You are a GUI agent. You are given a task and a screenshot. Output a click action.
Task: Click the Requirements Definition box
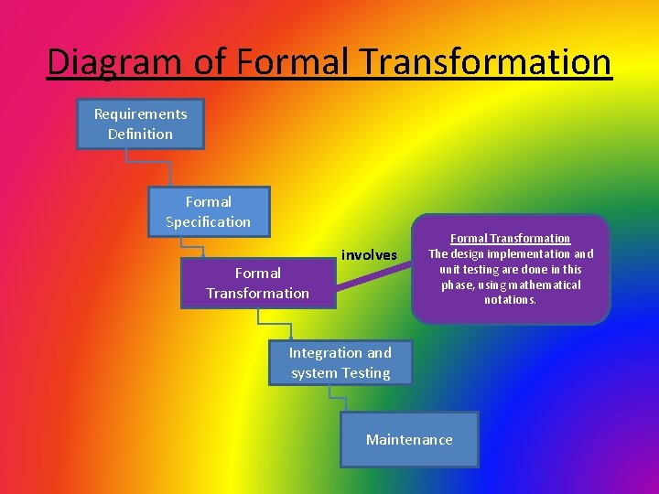pyautogui.click(x=140, y=123)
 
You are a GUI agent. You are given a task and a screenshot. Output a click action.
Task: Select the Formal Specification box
pyautogui.click(x=209, y=211)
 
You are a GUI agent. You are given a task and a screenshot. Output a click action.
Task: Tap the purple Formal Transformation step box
pyautogui.click(x=257, y=283)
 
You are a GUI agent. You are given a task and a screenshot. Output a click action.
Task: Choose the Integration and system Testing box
pyautogui.click(x=340, y=362)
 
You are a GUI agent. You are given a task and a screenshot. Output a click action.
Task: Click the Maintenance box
pyautogui.click(x=409, y=439)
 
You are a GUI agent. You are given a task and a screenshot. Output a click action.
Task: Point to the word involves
pyautogui.click(x=369, y=254)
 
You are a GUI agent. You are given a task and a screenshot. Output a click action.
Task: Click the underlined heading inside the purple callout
pyautogui.click(x=511, y=238)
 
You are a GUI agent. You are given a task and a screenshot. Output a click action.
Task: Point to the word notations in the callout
pyautogui.click(x=511, y=300)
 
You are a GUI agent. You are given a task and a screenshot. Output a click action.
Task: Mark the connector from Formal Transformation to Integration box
pyautogui.click(x=275, y=323)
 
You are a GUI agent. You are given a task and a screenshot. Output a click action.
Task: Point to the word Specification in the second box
pyautogui.click(x=208, y=221)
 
